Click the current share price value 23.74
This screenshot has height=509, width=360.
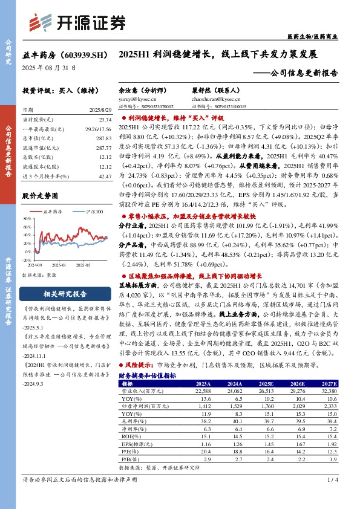[x=105, y=120]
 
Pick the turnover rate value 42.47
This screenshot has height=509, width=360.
[x=105, y=176]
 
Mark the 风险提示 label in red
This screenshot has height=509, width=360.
[x=139, y=366]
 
